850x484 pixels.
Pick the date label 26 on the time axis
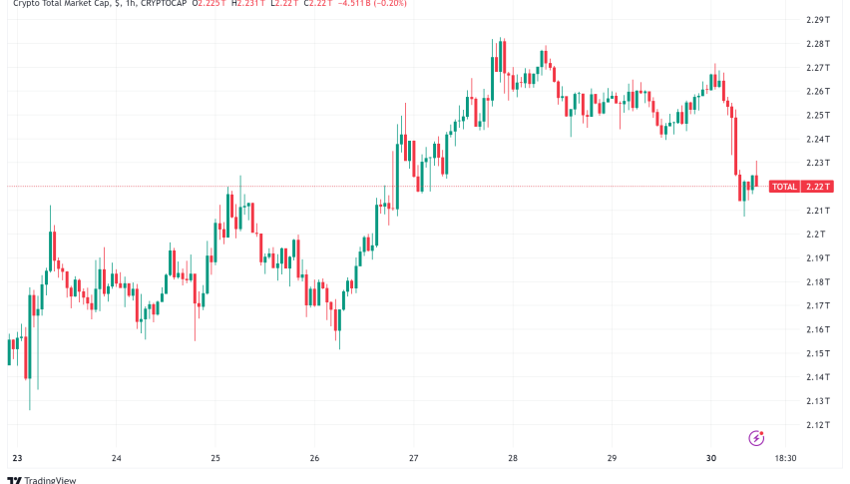pos(314,459)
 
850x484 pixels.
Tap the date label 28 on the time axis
pos(513,459)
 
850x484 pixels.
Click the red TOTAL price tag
pos(784,187)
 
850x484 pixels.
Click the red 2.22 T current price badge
pos(820,187)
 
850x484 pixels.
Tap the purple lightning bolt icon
pos(756,437)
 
